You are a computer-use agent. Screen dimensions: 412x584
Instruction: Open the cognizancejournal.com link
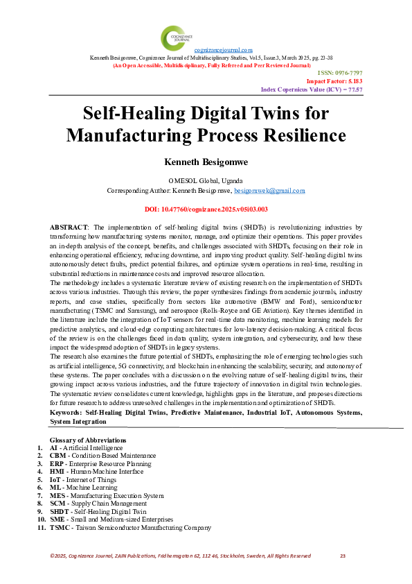click(x=223, y=51)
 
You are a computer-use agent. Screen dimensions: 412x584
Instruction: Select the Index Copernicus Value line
click(x=312, y=89)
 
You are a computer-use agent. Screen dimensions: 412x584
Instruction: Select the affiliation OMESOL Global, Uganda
click(x=206, y=180)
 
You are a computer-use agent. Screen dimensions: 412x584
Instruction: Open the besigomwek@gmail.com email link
click(x=269, y=189)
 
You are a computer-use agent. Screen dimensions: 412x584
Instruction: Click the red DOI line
click(x=206, y=208)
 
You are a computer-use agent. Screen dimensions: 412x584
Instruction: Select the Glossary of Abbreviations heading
click(x=88, y=440)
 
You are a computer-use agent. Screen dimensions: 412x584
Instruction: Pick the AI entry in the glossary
click(x=54, y=448)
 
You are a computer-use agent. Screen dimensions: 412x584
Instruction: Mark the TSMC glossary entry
click(x=60, y=527)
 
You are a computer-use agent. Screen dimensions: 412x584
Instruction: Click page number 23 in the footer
click(x=342, y=556)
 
